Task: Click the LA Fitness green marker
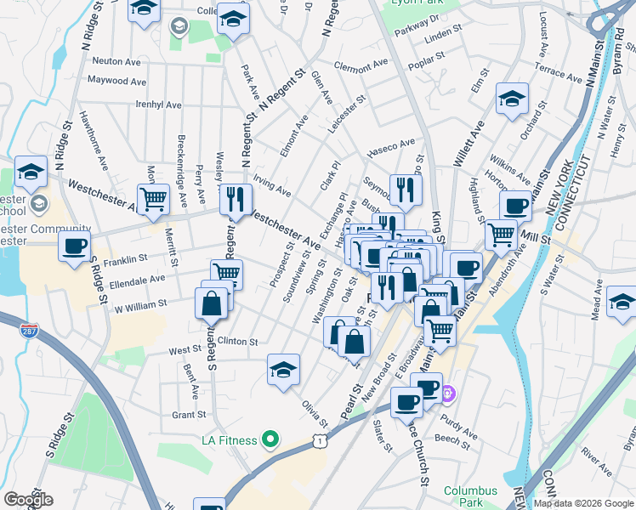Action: [x=270, y=439]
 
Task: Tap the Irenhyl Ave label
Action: [x=158, y=105]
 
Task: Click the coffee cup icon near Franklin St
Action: [x=75, y=246]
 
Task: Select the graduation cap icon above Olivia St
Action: [x=283, y=369]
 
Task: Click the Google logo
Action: [x=27, y=500]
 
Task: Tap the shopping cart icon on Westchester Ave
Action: [x=153, y=200]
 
